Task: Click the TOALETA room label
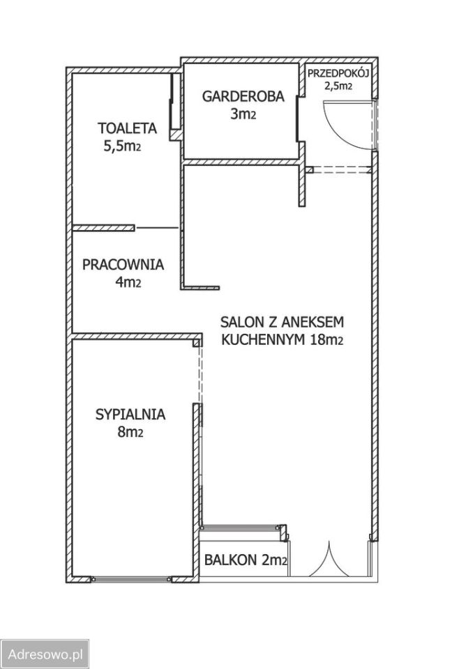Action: (x=127, y=128)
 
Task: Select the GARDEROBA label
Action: (x=243, y=97)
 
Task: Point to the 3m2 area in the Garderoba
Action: (x=243, y=114)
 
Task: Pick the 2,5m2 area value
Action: (x=338, y=86)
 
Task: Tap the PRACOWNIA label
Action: (x=123, y=265)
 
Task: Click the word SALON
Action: (x=238, y=322)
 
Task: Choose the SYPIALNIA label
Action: (x=130, y=415)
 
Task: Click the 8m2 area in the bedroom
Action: (x=130, y=432)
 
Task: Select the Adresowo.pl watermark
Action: (x=45, y=654)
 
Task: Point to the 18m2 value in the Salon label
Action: (x=328, y=339)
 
